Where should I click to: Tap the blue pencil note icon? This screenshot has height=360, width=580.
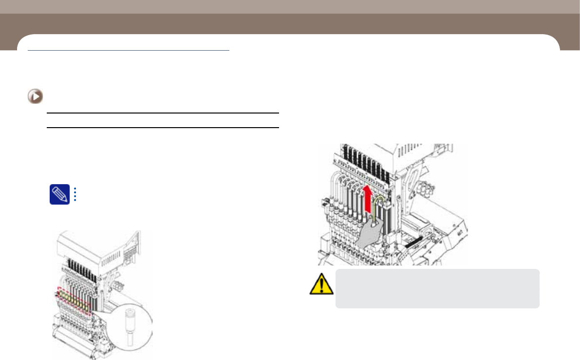tap(59, 194)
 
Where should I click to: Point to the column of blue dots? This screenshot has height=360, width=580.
tap(75, 194)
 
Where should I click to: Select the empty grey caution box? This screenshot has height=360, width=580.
tap(437, 288)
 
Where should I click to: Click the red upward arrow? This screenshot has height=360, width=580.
tap(368, 198)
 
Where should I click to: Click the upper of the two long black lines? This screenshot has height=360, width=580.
tap(163, 113)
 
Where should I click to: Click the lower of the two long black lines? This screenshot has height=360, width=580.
tap(163, 128)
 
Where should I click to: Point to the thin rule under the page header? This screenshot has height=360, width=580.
tap(129, 50)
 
